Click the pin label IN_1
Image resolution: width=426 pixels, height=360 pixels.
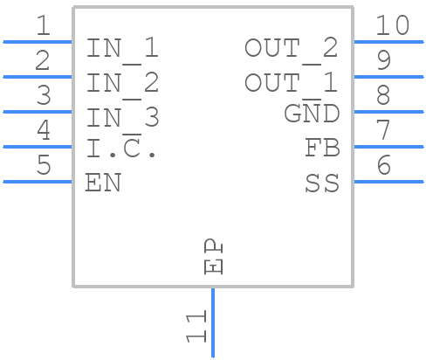click(122, 49)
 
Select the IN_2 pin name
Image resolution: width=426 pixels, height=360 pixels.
click(122, 83)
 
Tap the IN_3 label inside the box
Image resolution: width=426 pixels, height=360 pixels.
click(122, 117)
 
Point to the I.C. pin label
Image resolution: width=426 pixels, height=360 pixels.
click(121, 149)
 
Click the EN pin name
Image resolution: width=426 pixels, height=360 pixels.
click(103, 183)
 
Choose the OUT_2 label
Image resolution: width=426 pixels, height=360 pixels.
click(291, 49)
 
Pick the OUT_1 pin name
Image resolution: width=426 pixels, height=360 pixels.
click(291, 83)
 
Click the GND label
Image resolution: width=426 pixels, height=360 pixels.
click(312, 114)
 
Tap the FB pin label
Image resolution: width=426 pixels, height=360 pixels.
click(322, 149)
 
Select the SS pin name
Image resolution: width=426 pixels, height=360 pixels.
click(322, 183)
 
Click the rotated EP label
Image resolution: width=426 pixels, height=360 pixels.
click(212, 258)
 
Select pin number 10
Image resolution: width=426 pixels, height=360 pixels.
click(392, 26)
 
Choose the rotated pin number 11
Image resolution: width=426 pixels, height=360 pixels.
click(197, 325)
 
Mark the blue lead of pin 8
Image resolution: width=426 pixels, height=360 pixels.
click(388, 112)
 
